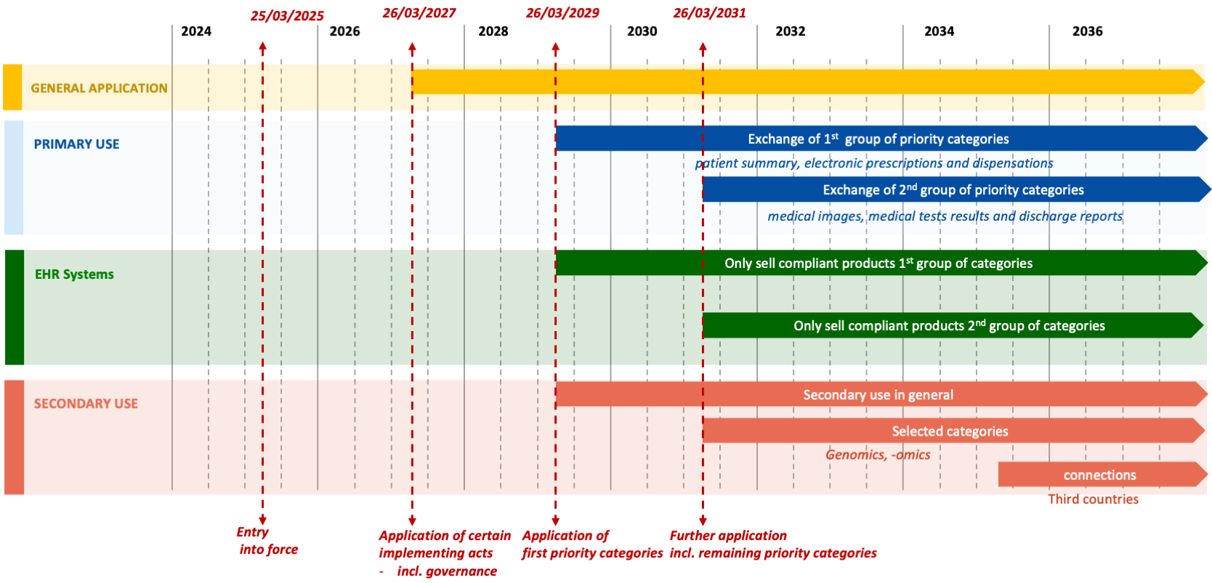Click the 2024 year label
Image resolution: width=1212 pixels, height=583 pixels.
[x=196, y=31]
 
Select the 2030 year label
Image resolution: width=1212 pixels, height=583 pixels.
[x=642, y=31]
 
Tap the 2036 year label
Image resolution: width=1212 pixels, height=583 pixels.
[x=1087, y=31]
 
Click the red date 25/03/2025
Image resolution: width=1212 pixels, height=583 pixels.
[x=287, y=16]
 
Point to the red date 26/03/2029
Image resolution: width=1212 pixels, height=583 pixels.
[x=562, y=13]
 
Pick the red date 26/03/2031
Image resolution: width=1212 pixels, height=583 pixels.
[x=709, y=13]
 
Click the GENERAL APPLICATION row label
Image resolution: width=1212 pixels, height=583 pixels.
[x=99, y=88]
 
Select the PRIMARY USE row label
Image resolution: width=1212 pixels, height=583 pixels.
[x=76, y=144]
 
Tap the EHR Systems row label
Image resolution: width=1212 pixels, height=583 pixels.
[x=74, y=274]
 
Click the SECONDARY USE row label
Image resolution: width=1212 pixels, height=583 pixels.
[x=86, y=404]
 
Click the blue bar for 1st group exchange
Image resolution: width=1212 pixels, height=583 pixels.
[x=878, y=139]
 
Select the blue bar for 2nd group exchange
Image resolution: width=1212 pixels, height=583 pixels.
[x=953, y=190]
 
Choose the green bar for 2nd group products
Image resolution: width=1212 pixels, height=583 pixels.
[x=949, y=326]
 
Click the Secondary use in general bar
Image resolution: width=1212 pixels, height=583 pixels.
[x=878, y=395]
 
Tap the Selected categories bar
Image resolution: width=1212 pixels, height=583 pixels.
[x=950, y=431]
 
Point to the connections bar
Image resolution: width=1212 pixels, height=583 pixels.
[x=1099, y=475]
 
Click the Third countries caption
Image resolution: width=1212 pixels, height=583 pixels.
[x=1093, y=499]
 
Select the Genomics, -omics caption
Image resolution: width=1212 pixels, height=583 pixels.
[x=878, y=454]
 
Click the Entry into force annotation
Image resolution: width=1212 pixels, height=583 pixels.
[x=267, y=541]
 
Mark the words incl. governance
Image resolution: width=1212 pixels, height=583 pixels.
[x=446, y=571]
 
